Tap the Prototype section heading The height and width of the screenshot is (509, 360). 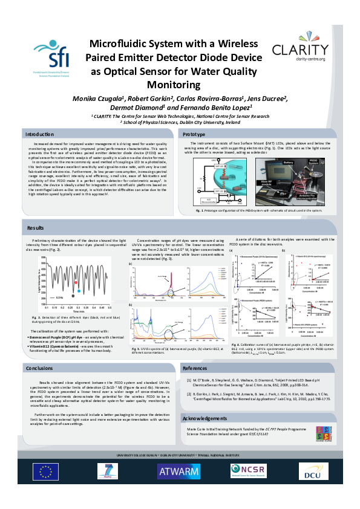click(195, 133)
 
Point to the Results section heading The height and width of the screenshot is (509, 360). click(36, 227)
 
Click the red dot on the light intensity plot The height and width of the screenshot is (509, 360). click(76, 282)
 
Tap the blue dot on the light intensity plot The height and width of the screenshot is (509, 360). click(79, 291)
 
